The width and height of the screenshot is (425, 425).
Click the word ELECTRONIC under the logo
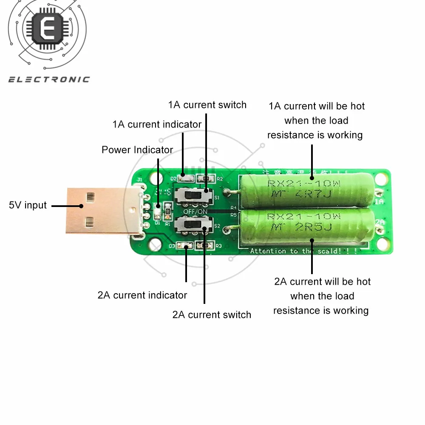49,79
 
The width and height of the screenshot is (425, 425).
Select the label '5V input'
28,205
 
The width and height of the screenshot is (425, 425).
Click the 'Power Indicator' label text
137,150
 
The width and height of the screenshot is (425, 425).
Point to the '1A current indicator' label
157,125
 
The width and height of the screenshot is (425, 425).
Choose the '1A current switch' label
207,105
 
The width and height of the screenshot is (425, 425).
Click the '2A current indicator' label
142,295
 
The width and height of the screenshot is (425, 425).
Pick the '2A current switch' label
212,315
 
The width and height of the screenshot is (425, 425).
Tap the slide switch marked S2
195,224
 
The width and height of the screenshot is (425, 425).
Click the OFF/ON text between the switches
196,211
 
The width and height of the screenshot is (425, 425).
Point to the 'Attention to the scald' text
304,251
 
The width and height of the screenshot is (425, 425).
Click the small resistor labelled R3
206,246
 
